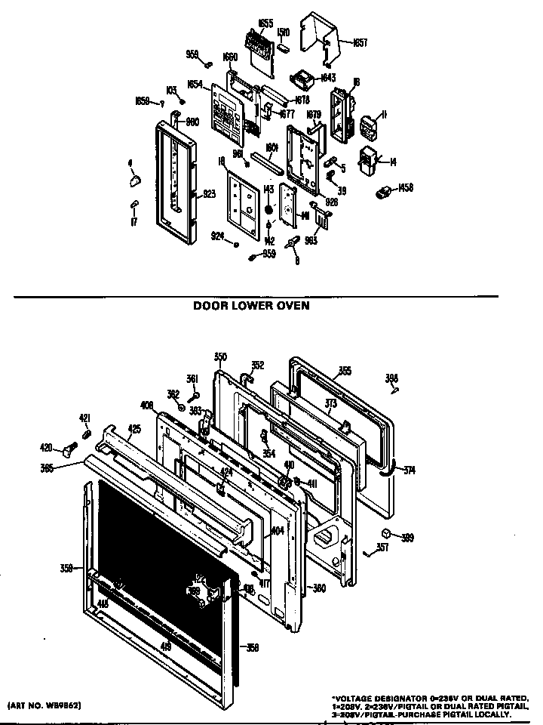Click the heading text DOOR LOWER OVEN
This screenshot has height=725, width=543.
[x=252, y=307]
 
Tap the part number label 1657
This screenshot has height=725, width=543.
[x=360, y=43]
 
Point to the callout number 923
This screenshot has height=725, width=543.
[x=210, y=194]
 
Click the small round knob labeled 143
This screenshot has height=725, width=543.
[x=268, y=208]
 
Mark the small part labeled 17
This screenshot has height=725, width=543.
[x=134, y=204]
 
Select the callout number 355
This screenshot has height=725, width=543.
[x=344, y=371]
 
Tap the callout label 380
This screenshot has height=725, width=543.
[x=318, y=588]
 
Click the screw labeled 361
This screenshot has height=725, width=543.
[x=195, y=393]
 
